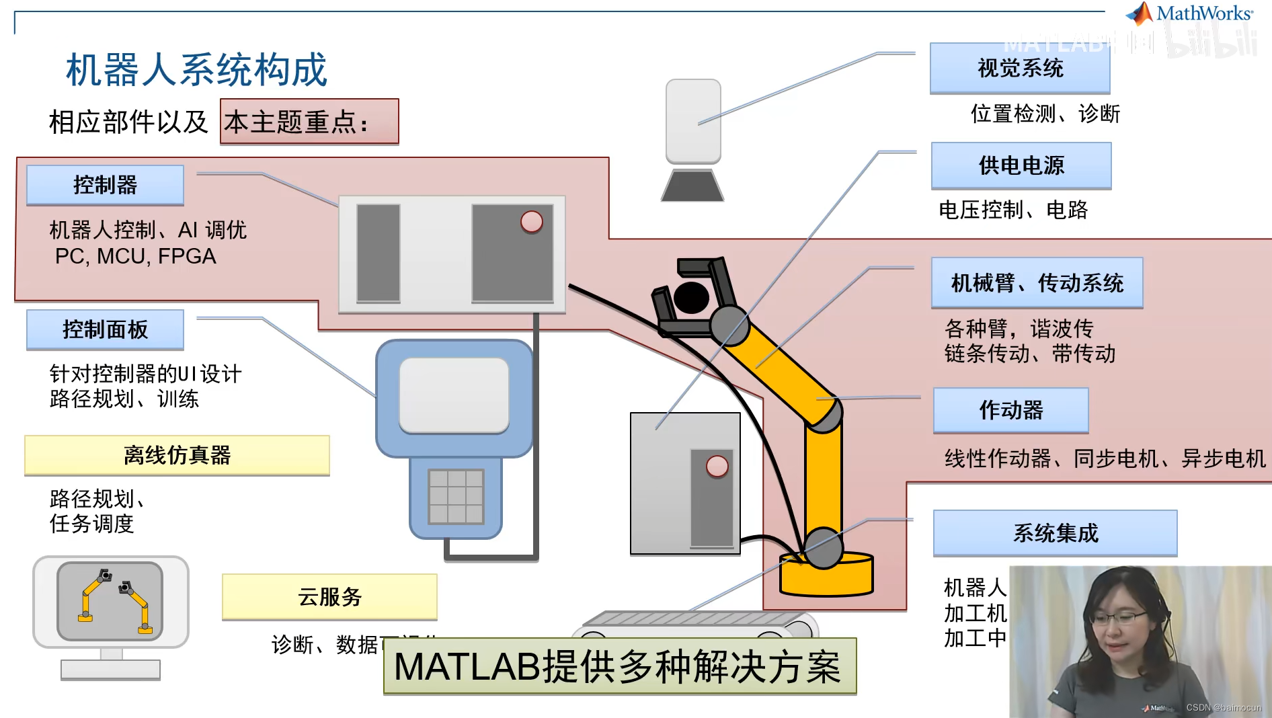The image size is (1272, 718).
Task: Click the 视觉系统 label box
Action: click(x=1019, y=68)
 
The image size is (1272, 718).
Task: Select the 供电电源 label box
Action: click(x=1021, y=165)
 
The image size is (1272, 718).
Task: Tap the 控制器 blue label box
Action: click(x=105, y=185)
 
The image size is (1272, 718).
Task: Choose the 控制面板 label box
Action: click(x=105, y=329)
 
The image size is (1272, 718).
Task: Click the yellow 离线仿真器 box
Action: click(x=177, y=455)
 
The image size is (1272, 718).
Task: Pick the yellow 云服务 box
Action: click(x=329, y=596)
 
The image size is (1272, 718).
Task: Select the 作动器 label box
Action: click(x=1010, y=410)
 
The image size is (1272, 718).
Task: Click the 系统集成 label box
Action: click(x=1055, y=533)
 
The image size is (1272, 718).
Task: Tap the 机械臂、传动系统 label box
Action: click(x=1037, y=283)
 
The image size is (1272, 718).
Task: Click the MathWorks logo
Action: click(x=1190, y=13)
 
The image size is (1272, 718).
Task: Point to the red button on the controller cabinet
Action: click(x=531, y=221)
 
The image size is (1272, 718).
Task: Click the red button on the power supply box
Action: click(x=717, y=466)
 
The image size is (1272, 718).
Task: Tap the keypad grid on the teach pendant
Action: click(x=456, y=496)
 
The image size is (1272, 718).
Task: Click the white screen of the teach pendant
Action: click(x=454, y=395)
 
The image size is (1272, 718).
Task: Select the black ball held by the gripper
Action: click(x=691, y=297)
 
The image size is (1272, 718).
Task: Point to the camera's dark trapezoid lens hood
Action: click(x=692, y=185)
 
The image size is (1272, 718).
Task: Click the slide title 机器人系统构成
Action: click(x=196, y=69)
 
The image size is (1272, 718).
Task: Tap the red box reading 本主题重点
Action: click(x=309, y=122)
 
